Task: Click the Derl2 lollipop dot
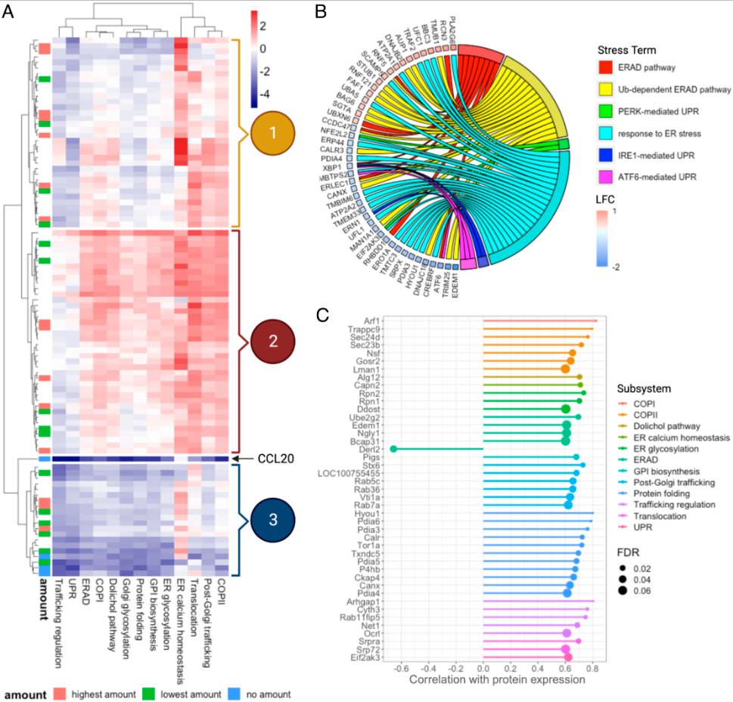[393, 449]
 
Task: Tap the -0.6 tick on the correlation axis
[400, 667]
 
